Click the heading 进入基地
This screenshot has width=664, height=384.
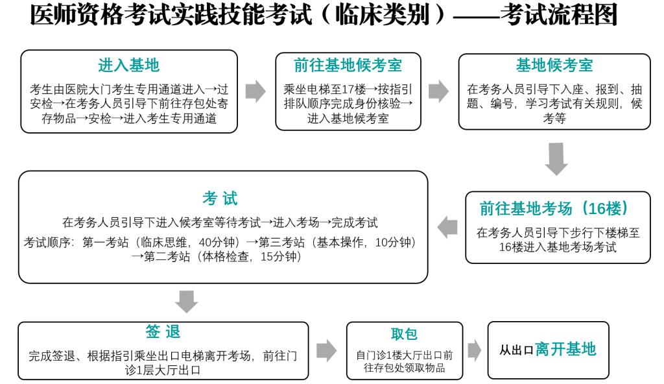click(x=129, y=66)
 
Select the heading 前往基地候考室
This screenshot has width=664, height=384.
click(x=348, y=66)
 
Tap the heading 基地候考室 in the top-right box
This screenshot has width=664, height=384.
click(x=554, y=66)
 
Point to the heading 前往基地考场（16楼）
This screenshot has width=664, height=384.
click(x=554, y=208)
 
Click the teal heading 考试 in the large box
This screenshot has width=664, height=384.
click(x=220, y=198)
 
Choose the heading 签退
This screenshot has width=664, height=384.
click(x=163, y=331)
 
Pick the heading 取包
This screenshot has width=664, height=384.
click(x=404, y=334)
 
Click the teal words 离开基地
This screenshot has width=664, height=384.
click(x=565, y=349)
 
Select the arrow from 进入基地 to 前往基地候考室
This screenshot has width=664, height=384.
click(x=255, y=91)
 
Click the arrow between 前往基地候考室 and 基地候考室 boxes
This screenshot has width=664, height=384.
click(x=439, y=91)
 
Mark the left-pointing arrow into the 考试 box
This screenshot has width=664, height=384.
click(x=447, y=227)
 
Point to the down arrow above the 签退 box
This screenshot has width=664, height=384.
click(x=186, y=302)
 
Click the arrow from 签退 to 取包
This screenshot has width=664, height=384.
click(x=327, y=350)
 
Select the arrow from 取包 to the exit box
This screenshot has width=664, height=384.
click(x=475, y=350)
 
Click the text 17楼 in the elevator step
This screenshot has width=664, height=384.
click(x=353, y=90)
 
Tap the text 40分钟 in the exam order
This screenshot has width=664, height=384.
click(x=217, y=242)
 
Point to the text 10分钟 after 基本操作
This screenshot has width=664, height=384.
click(x=393, y=242)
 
